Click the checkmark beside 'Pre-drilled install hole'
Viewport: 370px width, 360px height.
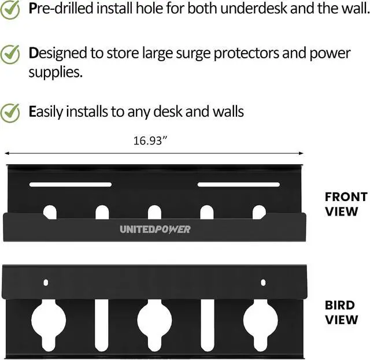click(x=10, y=9)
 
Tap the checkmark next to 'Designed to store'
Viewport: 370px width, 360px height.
click(x=10, y=54)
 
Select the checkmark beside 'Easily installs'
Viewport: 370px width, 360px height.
click(x=10, y=113)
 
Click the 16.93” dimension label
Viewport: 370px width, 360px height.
click(x=150, y=141)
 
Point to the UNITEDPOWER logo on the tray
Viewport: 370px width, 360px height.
click(x=155, y=229)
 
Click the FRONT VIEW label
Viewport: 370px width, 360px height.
click(x=346, y=204)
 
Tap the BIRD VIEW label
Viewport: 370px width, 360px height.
click(x=342, y=313)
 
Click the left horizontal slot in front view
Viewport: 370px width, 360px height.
click(x=71, y=184)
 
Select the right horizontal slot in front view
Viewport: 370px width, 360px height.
click(x=239, y=184)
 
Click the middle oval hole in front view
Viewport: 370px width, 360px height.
click(x=154, y=212)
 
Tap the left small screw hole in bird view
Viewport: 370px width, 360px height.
click(x=46, y=283)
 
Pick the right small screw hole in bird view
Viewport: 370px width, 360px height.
click(x=263, y=283)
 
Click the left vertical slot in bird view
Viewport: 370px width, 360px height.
click(x=102, y=325)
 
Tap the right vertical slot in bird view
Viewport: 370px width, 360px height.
click(x=208, y=325)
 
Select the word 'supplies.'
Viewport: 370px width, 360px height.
click(x=55, y=73)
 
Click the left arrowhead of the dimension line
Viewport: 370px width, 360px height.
click(x=6, y=153)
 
